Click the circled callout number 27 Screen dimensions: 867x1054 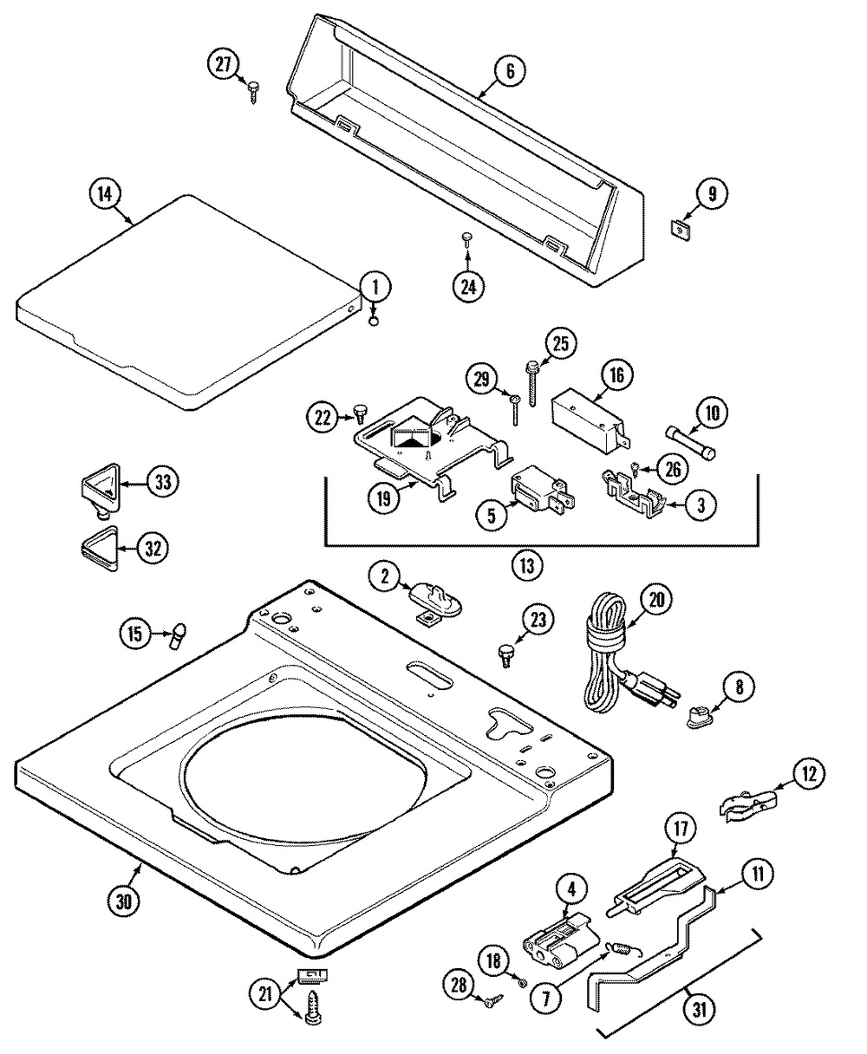click(x=224, y=65)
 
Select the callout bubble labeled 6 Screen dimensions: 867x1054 click(x=510, y=71)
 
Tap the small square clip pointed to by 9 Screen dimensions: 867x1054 click(x=680, y=231)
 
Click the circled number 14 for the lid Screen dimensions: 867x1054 click(x=105, y=194)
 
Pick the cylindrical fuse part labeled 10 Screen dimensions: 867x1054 click(x=692, y=442)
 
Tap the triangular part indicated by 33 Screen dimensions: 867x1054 click(x=101, y=490)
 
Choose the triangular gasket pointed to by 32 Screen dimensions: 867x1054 click(x=100, y=549)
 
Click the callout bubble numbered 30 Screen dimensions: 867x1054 click(x=124, y=901)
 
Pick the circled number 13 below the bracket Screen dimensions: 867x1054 click(x=527, y=566)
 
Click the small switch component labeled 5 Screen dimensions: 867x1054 click(x=543, y=490)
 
